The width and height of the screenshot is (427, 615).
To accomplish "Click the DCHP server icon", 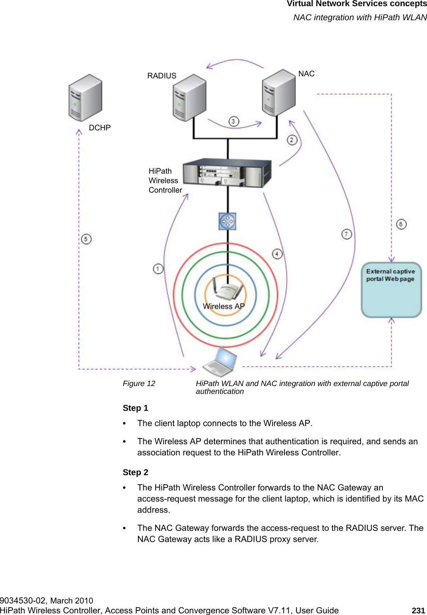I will point(85,98).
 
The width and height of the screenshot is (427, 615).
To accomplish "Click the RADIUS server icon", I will point(189,98).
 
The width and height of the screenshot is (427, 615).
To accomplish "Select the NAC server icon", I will point(279,93).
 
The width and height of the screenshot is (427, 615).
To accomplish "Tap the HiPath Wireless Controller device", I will point(227,173).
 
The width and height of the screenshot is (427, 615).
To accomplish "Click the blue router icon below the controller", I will point(227,221).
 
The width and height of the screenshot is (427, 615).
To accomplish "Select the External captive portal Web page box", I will point(391,290).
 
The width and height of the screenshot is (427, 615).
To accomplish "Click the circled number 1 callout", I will point(158,269).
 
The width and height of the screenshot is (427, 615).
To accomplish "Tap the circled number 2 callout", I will point(292,140).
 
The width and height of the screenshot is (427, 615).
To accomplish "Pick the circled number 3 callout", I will point(234,121).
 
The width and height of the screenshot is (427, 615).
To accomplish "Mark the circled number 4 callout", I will point(277,254).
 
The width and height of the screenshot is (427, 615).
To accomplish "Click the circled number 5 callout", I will point(86,239).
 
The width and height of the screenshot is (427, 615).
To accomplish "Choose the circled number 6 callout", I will point(401,224).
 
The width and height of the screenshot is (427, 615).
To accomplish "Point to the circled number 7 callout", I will point(347,234).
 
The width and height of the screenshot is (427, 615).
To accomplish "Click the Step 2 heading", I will point(135,472).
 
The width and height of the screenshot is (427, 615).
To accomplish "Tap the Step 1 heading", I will point(135,408).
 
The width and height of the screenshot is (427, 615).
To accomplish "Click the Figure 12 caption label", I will point(139,384).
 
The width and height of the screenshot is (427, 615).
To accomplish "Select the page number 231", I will point(418,610).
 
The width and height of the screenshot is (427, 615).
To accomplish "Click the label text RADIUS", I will point(162,76).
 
